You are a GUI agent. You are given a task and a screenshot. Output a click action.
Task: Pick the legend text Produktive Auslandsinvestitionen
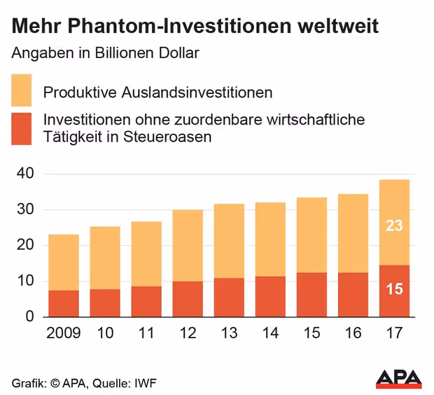coord(157,92)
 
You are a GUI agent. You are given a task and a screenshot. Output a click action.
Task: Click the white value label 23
coord(394,226)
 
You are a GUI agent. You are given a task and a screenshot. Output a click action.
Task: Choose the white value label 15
coord(394,289)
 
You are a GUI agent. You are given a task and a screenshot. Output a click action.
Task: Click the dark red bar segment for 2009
coord(64,303)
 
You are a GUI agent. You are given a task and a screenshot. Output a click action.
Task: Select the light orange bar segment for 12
coord(187,245)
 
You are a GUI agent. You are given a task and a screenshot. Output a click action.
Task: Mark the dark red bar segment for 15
coord(311,294)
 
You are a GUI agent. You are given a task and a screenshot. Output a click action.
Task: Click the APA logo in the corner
coord(399,378)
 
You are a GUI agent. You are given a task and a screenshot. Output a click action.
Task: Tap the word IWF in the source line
coord(147,382)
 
